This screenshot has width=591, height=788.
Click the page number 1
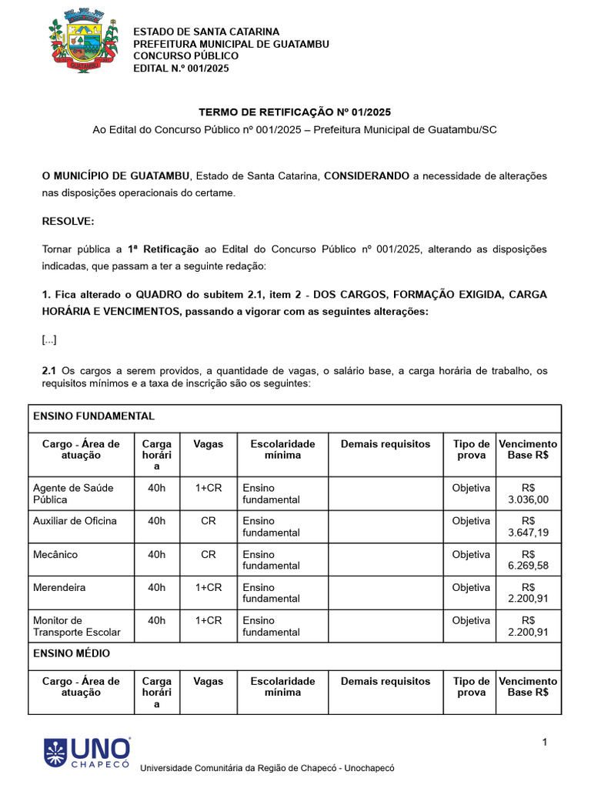(544, 742)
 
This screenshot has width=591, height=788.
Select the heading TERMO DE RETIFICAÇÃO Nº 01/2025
(295, 112)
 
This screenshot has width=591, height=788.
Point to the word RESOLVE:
(68, 221)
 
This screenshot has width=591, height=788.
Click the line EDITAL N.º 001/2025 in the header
(181, 68)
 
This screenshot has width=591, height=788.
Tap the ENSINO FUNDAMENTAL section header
(93, 416)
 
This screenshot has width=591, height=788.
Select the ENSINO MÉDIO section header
(72, 653)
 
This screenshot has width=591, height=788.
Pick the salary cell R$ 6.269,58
(528, 559)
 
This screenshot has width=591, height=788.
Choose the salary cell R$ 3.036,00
(528, 493)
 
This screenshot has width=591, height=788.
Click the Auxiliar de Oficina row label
(75, 521)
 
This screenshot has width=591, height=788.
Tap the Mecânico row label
(55, 554)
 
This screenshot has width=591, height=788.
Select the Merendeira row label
(59, 587)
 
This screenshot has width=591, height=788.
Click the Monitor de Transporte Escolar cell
(77, 626)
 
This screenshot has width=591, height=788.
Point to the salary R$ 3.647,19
(528, 526)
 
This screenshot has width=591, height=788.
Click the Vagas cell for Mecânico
(209, 554)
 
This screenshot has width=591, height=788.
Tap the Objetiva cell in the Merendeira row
(471, 587)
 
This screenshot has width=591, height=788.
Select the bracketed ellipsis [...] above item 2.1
(49, 339)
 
